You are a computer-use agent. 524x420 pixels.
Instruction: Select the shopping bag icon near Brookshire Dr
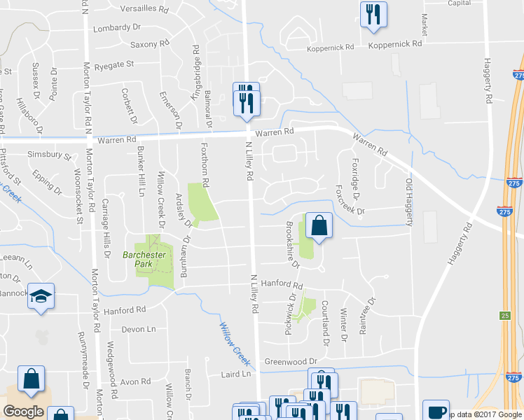319,227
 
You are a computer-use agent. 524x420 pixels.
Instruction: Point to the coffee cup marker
436,412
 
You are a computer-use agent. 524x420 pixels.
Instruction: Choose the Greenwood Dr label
291,362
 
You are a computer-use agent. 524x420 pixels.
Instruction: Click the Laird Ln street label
235,374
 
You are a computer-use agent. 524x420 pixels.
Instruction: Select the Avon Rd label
135,382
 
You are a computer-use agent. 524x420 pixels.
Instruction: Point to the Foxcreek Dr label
350,200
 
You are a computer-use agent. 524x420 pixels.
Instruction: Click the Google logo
23,412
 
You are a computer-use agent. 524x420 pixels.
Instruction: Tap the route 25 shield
505,316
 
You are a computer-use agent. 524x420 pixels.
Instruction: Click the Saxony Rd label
151,44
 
